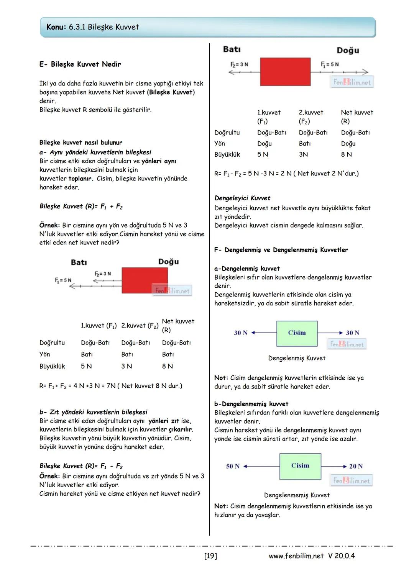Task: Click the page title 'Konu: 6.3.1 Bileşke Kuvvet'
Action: (92, 27)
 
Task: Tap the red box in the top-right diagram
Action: (285, 72)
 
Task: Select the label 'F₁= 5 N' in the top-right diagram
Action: (330, 64)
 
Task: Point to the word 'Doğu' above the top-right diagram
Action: (348, 50)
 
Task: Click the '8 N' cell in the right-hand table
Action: (346, 154)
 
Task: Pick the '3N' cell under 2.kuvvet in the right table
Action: (303, 154)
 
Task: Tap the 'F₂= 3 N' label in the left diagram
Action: (103, 274)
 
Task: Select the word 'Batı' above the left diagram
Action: (79, 262)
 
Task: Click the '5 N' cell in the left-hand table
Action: (86, 366)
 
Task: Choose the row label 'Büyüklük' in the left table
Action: (52, 366)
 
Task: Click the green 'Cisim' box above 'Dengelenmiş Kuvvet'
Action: (297, 333)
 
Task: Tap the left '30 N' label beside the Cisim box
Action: (241, 333)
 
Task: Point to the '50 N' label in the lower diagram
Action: (233, 466)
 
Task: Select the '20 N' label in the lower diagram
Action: (356, 466)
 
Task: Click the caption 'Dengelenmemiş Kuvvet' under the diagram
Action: (297, 495)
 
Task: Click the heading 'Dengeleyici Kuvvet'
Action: (242, 198)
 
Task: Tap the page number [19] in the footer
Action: (210, 556)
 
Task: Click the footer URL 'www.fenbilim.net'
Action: (296, 556)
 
